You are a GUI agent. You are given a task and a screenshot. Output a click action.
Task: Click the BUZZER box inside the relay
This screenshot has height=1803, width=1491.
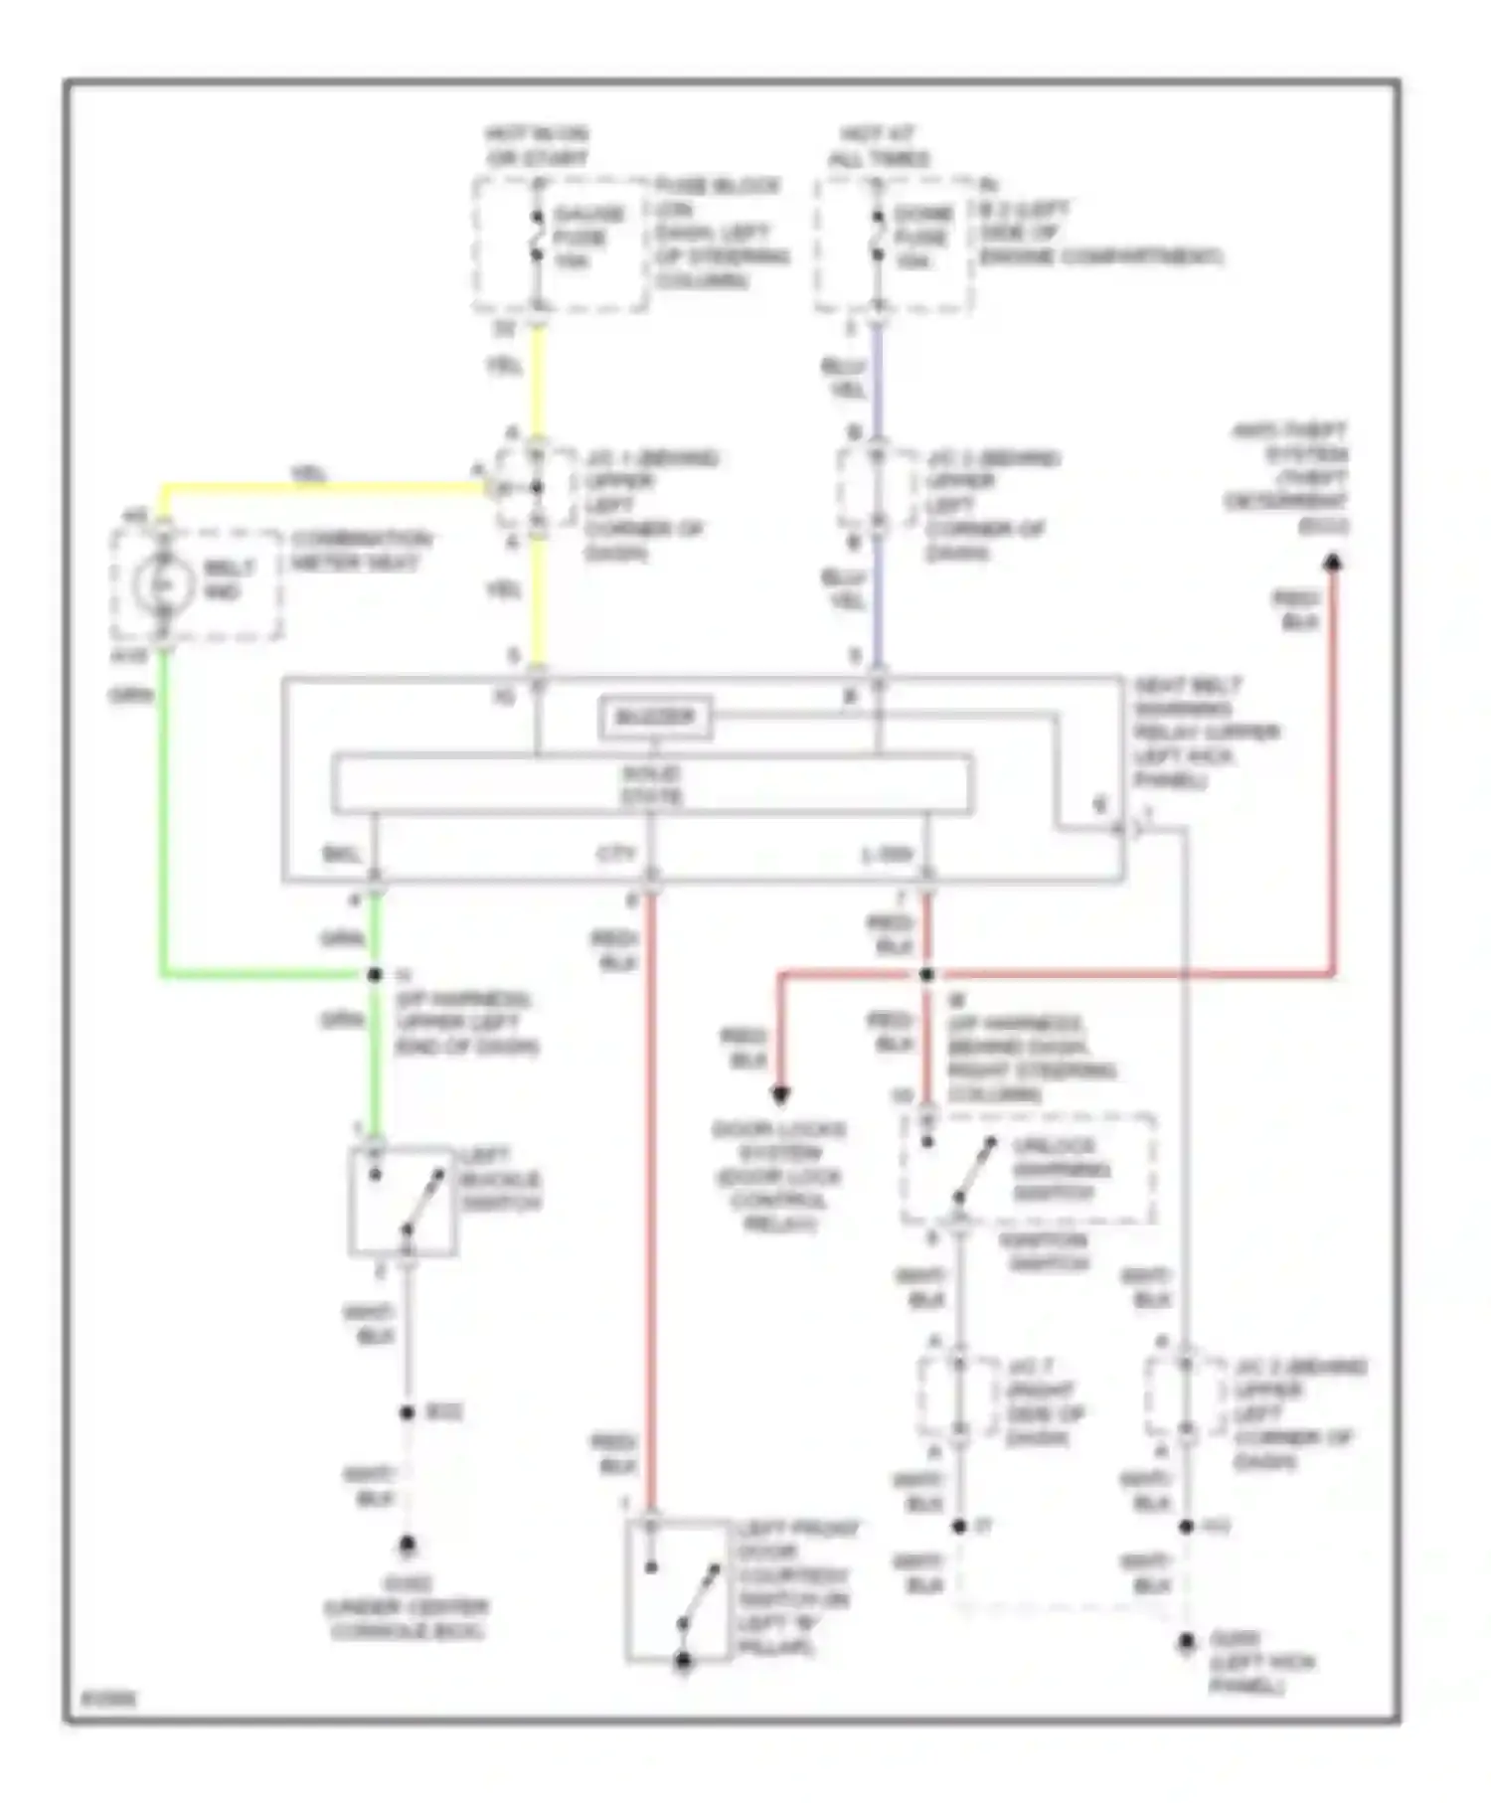tap(654, 717)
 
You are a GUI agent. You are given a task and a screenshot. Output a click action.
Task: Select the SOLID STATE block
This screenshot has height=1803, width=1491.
tap(652, 784)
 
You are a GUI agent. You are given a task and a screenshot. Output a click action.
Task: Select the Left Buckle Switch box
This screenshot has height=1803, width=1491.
tap(403, 1201)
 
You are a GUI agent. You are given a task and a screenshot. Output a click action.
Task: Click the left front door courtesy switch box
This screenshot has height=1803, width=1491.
tap(680, 1590)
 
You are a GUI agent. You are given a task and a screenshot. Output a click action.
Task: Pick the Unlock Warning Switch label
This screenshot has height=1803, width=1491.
tap(1060, 1169)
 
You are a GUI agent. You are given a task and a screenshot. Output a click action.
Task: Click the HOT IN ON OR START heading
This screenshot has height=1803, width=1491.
tap(537, 146)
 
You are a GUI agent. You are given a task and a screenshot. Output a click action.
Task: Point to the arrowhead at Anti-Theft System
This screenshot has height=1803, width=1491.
tap(1334, 564)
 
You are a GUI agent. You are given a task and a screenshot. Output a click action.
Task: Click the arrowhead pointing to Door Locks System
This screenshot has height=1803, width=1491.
tap(780, 1095)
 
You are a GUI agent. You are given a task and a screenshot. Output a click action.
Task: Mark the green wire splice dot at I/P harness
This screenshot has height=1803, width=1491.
tap(375, 975)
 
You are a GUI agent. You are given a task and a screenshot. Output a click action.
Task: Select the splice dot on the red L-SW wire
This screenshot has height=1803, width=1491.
tap(926, 975)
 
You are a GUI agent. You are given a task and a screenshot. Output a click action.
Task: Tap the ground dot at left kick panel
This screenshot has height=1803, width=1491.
tap(1186, 1642)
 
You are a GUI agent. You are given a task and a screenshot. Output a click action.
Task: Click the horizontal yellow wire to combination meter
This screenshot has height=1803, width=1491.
tap(318, 487)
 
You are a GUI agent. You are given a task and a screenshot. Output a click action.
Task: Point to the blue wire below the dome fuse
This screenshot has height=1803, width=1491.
tap(877, 383)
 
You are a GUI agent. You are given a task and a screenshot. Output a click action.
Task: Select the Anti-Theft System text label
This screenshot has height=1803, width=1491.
tap(1288, 478)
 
